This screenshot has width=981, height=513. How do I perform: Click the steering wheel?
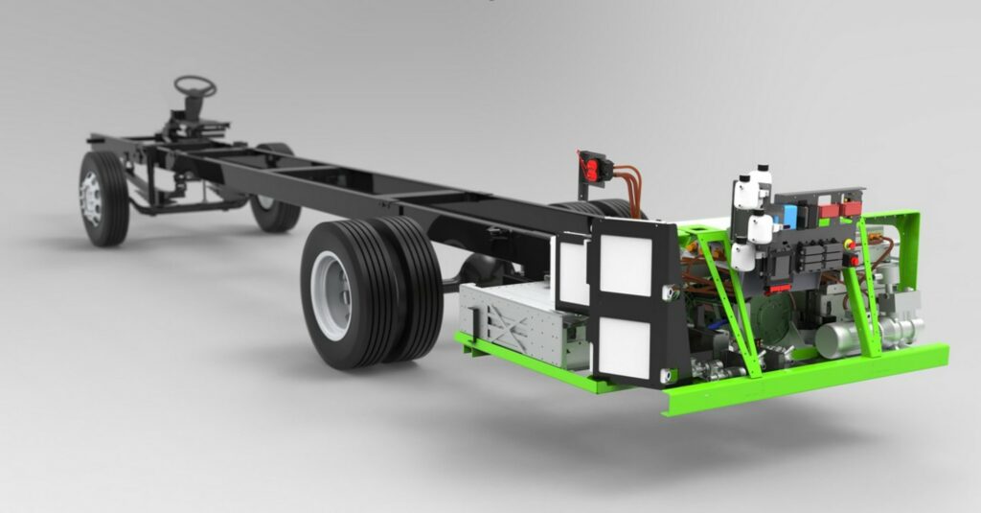click(195, 85)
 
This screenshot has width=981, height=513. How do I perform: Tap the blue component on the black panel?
click(790, 214)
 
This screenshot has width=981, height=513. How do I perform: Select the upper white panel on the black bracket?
click(626, 265)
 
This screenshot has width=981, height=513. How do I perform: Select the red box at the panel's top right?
click(851, 207)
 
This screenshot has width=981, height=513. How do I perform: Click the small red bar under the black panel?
click(776, 287)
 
